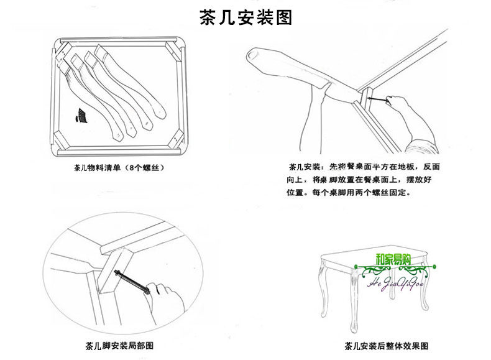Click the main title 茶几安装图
[246, 17]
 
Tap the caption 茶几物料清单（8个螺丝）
[119, 168]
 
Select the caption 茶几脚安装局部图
[119, 346]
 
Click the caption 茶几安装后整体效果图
[386, 346]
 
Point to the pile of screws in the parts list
[81, 116]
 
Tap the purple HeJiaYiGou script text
[396, 284]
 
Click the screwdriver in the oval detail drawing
[132, 282]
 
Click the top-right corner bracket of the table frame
[173, 52]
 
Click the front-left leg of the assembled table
[353, 301]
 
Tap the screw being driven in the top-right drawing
[379, 99]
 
